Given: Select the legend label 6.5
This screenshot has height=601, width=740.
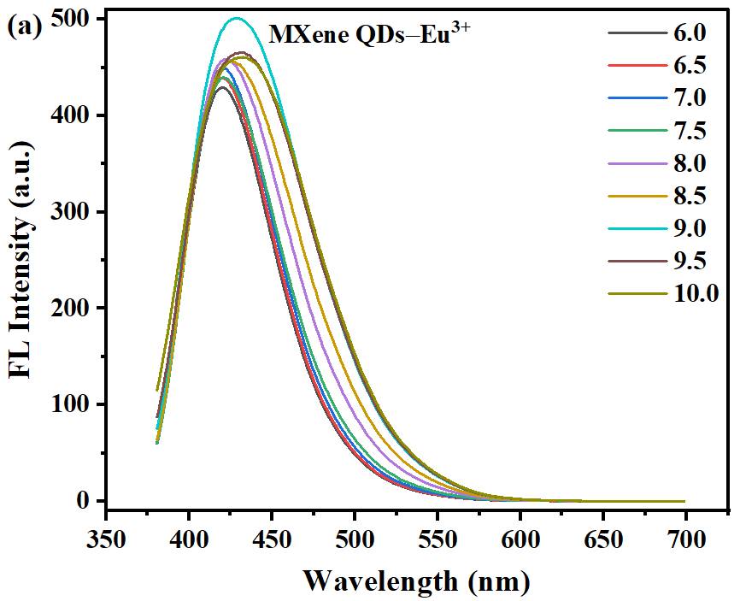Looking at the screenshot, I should [690, 66].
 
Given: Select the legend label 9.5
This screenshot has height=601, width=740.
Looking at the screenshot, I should [690, 261].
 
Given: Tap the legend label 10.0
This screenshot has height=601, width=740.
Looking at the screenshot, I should [696, 293].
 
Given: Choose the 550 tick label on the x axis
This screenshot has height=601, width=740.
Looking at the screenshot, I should [437, 540].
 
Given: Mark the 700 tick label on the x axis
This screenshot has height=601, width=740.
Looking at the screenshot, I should [685, 540].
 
